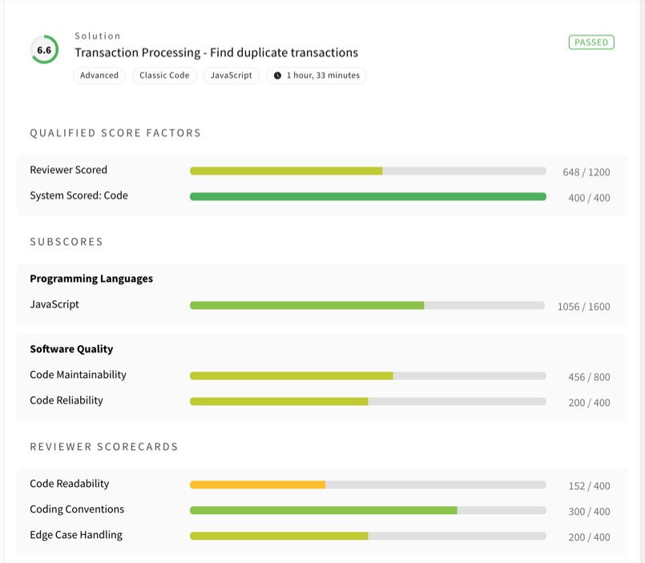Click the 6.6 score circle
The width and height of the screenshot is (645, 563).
point(44,50)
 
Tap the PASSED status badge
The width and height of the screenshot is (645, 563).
point(591,42)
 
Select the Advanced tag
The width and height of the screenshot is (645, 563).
point(99,75)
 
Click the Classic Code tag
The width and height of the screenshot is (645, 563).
point(164,75)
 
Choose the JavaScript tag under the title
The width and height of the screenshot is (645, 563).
point(232,75)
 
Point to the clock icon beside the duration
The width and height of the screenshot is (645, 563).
point(278,75)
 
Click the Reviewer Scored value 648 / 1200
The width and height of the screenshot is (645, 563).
point(587,172)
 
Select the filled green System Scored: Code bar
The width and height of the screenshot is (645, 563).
point(368,196)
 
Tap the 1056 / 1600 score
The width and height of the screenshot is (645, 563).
point(584,307)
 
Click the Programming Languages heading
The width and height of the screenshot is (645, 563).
point(91,279)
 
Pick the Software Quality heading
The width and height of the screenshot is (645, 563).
point(71,349)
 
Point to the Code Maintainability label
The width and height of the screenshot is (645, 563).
point(79,375)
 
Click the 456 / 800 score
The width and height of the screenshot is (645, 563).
point(589,377)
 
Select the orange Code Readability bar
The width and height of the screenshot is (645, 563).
point(257,485)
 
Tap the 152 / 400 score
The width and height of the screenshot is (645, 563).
point(589,485)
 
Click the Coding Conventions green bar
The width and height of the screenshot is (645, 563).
point(324,510)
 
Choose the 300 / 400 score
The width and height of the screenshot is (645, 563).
point(589,512)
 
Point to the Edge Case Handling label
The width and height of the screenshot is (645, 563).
point(76,535)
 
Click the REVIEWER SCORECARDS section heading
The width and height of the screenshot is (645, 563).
point(103,447)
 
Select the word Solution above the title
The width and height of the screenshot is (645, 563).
point(98,36)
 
